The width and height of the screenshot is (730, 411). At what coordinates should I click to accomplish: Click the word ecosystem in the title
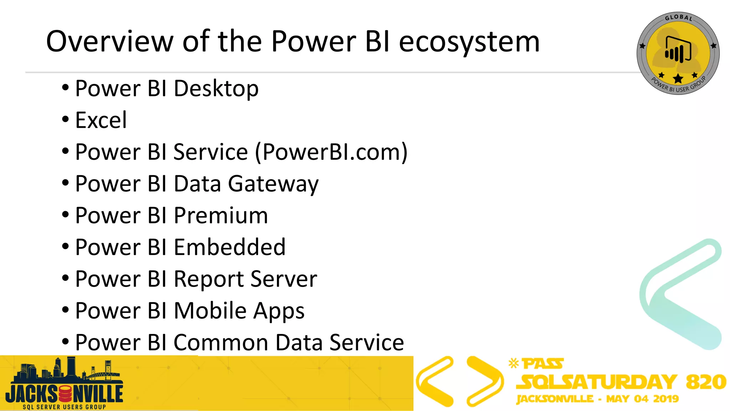pyautogui.click(x=469, y=42)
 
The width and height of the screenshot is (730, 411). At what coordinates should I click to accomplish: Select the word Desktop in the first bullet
pyautogui.click(x=216, y=88)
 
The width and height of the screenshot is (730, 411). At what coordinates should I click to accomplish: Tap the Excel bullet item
pyautogui.click(x=101, y=120)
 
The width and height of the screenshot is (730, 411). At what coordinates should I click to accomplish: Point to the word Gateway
pyautogui.click(x=273, y=184)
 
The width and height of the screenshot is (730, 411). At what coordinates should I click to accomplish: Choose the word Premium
pyautogui.click(x=221, y=216)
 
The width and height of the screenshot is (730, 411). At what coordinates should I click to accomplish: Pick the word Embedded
pyautogui.click(x=230, y=247)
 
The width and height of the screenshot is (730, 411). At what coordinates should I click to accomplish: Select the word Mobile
pyautogui.click(x=210, y=311)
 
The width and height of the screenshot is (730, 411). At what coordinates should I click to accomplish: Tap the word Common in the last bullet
pyautogui.click(x=221, y=342)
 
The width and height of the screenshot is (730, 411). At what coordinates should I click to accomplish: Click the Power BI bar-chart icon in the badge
pyautogui.click(x=678, y=50)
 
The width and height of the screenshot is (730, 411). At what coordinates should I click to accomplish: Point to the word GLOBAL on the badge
pyautogui.click(x=678, y=17)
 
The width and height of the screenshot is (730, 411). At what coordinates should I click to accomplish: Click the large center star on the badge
pyautogui.click(x=678, y=78)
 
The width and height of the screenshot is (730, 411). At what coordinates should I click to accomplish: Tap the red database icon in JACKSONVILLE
pyautogui.click(x=65, y=394)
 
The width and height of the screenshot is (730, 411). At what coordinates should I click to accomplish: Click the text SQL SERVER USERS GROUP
pyautogui.click(x=64, y=407)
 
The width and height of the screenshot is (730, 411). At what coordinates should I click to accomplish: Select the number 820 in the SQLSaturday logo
pyautogui.click(x=706, y=382)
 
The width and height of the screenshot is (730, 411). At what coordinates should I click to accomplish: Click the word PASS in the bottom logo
pyautogui.click(x=543, y=364)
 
